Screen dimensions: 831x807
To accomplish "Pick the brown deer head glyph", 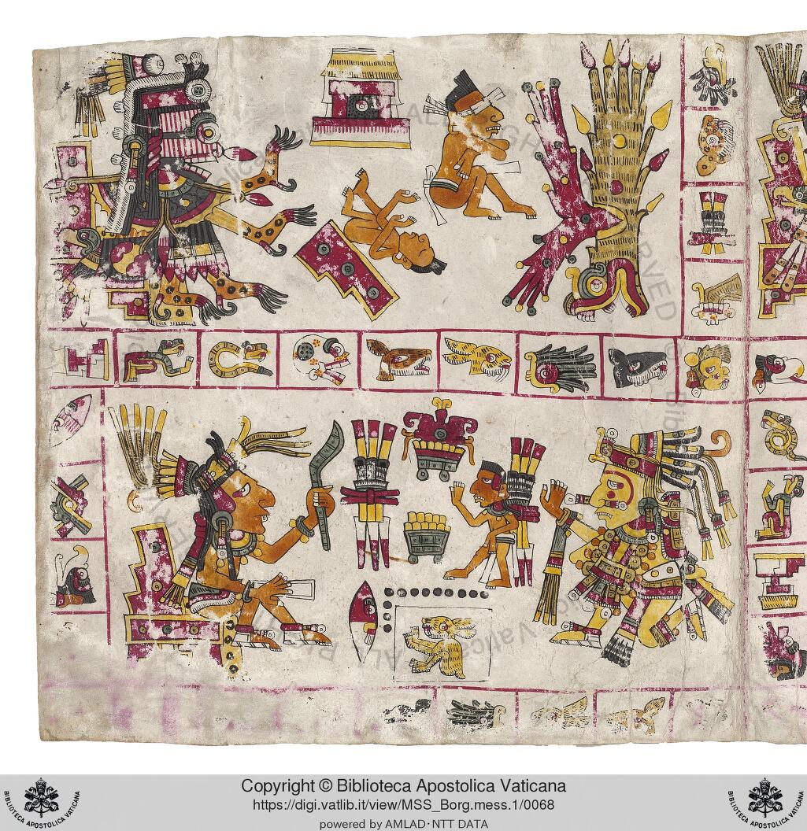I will click(398, 360).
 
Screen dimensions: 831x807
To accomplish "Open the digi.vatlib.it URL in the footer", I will click(402, 805).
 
